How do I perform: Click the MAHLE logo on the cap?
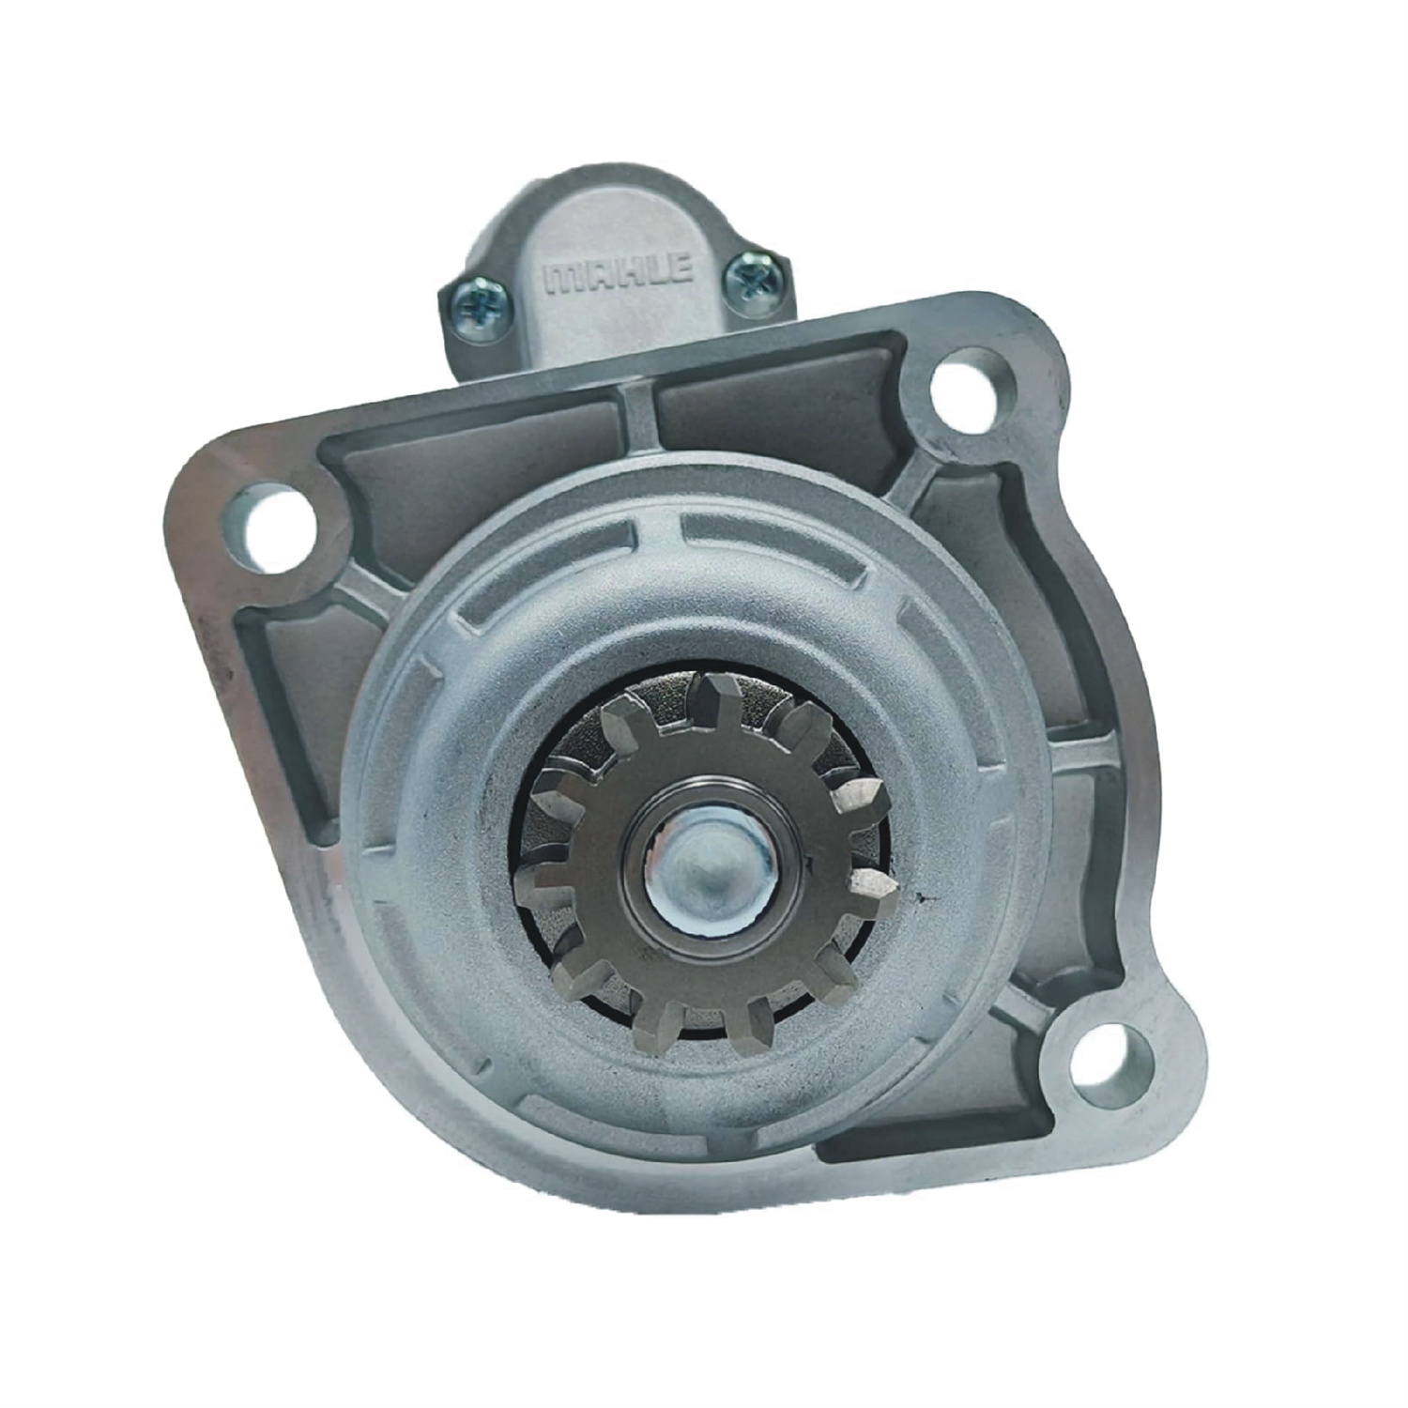(x=620, y=274)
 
